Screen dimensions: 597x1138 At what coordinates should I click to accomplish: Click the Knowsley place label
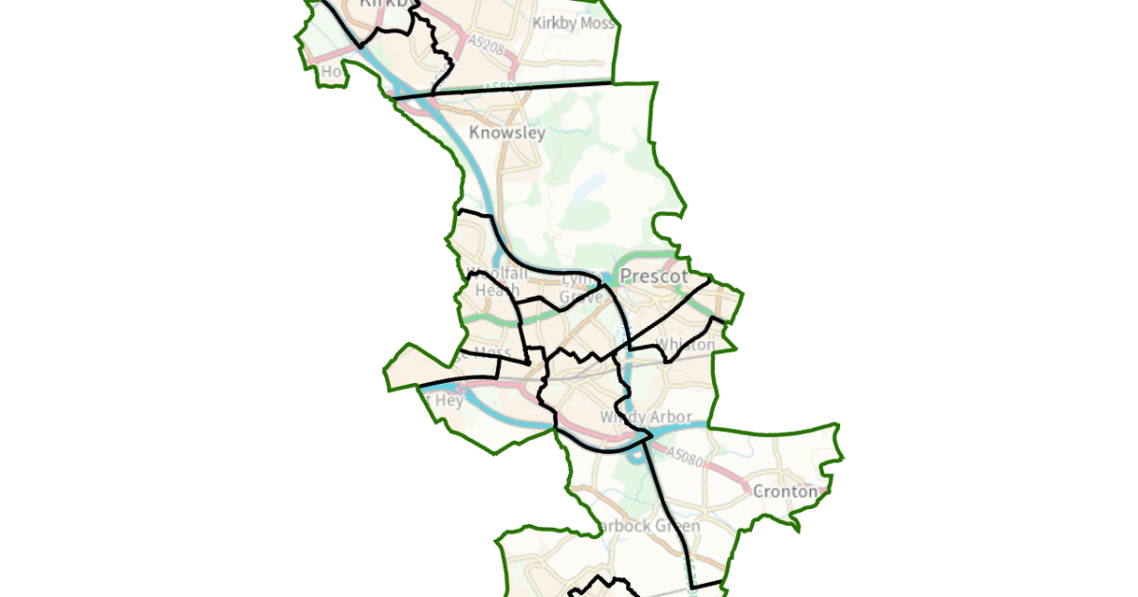[x=507, y=133]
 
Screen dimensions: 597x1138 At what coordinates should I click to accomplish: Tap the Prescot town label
[x=652, y=277]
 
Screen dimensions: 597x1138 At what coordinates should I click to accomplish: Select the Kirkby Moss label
[x=574, y=23]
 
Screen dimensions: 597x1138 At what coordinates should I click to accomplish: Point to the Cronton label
[x=784, y=492]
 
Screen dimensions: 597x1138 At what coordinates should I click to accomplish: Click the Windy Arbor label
[x=640, y=417]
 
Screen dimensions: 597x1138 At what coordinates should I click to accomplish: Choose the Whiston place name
[x=685, y=345]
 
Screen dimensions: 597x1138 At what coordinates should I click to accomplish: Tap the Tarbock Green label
[x=649, y=526]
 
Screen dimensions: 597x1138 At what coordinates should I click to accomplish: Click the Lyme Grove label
[x=580, y=288]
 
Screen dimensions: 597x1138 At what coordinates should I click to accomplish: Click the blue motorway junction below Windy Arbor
[x=645, y=438]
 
